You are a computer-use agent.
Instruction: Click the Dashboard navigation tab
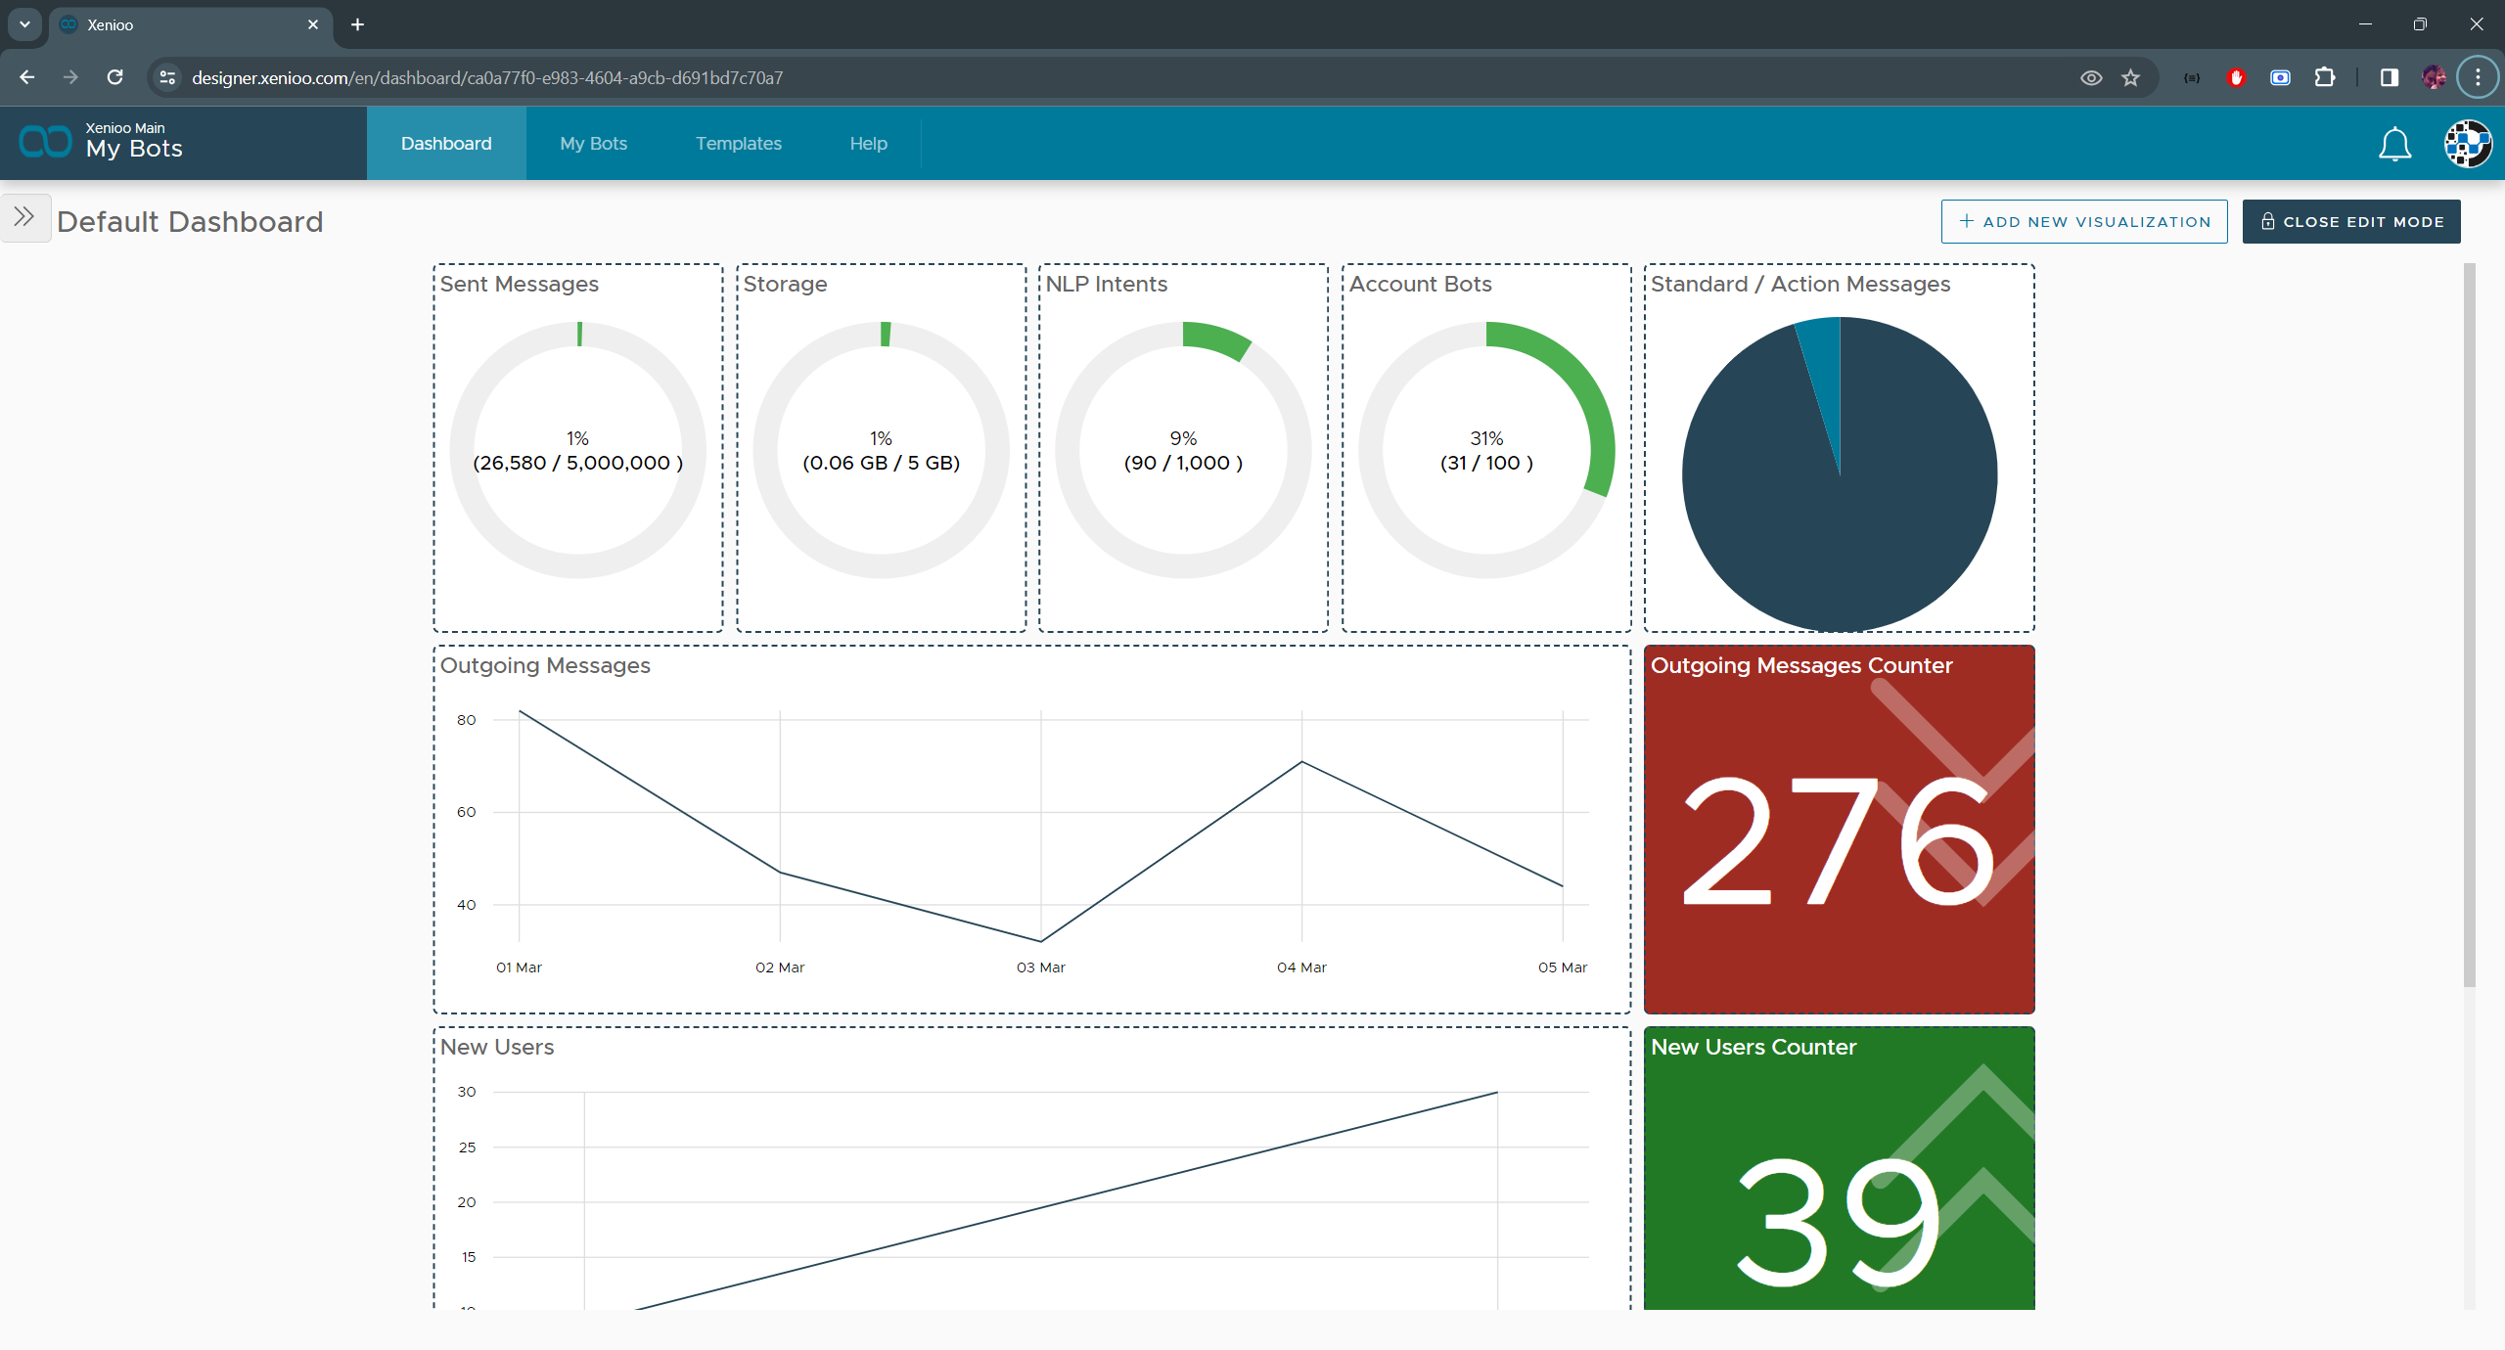pyautogui.click(x=446, y=144)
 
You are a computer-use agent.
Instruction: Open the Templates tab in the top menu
pyautogui.click(x=738, y=144)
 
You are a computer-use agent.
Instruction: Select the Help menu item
pyautogui.click(x=868, y=144)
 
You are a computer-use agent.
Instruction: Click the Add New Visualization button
pyautogui.click(x=2084, y=222)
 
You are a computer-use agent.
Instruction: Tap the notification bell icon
pyautogui.click(x=2394, y=145)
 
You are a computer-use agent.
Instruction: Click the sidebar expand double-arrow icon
pyautogui.click(x=24, y=217)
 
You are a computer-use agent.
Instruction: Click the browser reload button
pyautogui.click(x=115, y=77)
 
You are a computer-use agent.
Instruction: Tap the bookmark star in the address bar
pyautogui.click(x=2131, y=78)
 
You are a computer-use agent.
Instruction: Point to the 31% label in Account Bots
pyautogui.click(x=1486, y=438)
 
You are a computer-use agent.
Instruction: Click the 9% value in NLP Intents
pyautogui.click(x=1183, y=438)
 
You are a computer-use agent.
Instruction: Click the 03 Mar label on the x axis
pyautogui.click(x=1040, y=967)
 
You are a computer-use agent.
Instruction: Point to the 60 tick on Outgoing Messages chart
pyautogui.click(x=466, y=812)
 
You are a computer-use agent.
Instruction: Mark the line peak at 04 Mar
pyautogui.click(x=1301, y=761)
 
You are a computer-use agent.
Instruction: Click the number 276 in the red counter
pyautogui.click(x=1838, y=841)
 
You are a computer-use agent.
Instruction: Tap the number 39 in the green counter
pyautogui.click(x=1838, y=1223)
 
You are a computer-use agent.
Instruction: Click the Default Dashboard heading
pyautogui.click(x=190, y=222)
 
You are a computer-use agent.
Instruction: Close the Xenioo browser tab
pyautogui.click(x=313, y=24)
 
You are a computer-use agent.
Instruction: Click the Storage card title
pyautogui.click(x=785, y=285)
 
